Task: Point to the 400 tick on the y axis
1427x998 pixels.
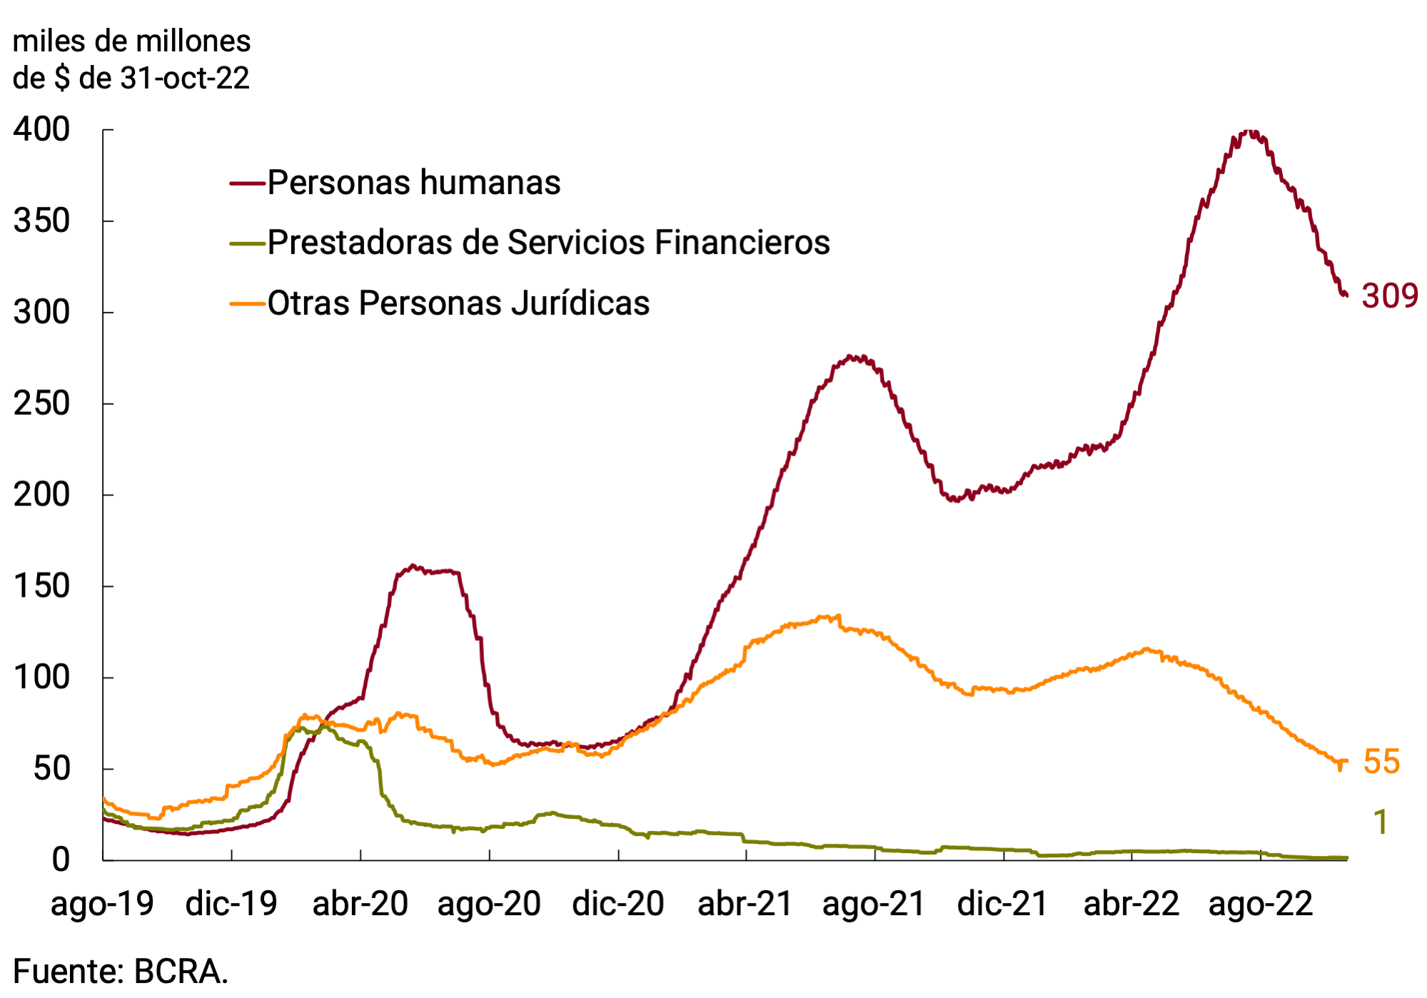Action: [41, 130]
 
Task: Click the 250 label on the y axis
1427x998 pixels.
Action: [41, 404]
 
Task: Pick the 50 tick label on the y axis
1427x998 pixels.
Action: [51, 769]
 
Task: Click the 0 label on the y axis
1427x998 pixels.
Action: [61, 860]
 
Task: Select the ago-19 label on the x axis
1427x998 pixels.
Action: [102, 904]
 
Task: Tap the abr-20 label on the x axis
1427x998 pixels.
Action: [360, 904]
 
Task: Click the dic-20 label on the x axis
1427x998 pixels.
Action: [617, 904]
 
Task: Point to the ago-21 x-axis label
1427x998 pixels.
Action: [874, 904]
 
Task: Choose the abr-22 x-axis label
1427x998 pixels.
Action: [1131, 904]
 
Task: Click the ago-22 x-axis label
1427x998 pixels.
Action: [1260, 904]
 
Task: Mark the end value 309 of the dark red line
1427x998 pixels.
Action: [1389, 296]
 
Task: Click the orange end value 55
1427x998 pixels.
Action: [1381, 762]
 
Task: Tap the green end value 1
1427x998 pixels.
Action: [1381, 822]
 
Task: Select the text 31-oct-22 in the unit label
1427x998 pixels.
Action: [185, 79]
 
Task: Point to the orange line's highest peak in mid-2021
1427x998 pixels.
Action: [828, 617]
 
